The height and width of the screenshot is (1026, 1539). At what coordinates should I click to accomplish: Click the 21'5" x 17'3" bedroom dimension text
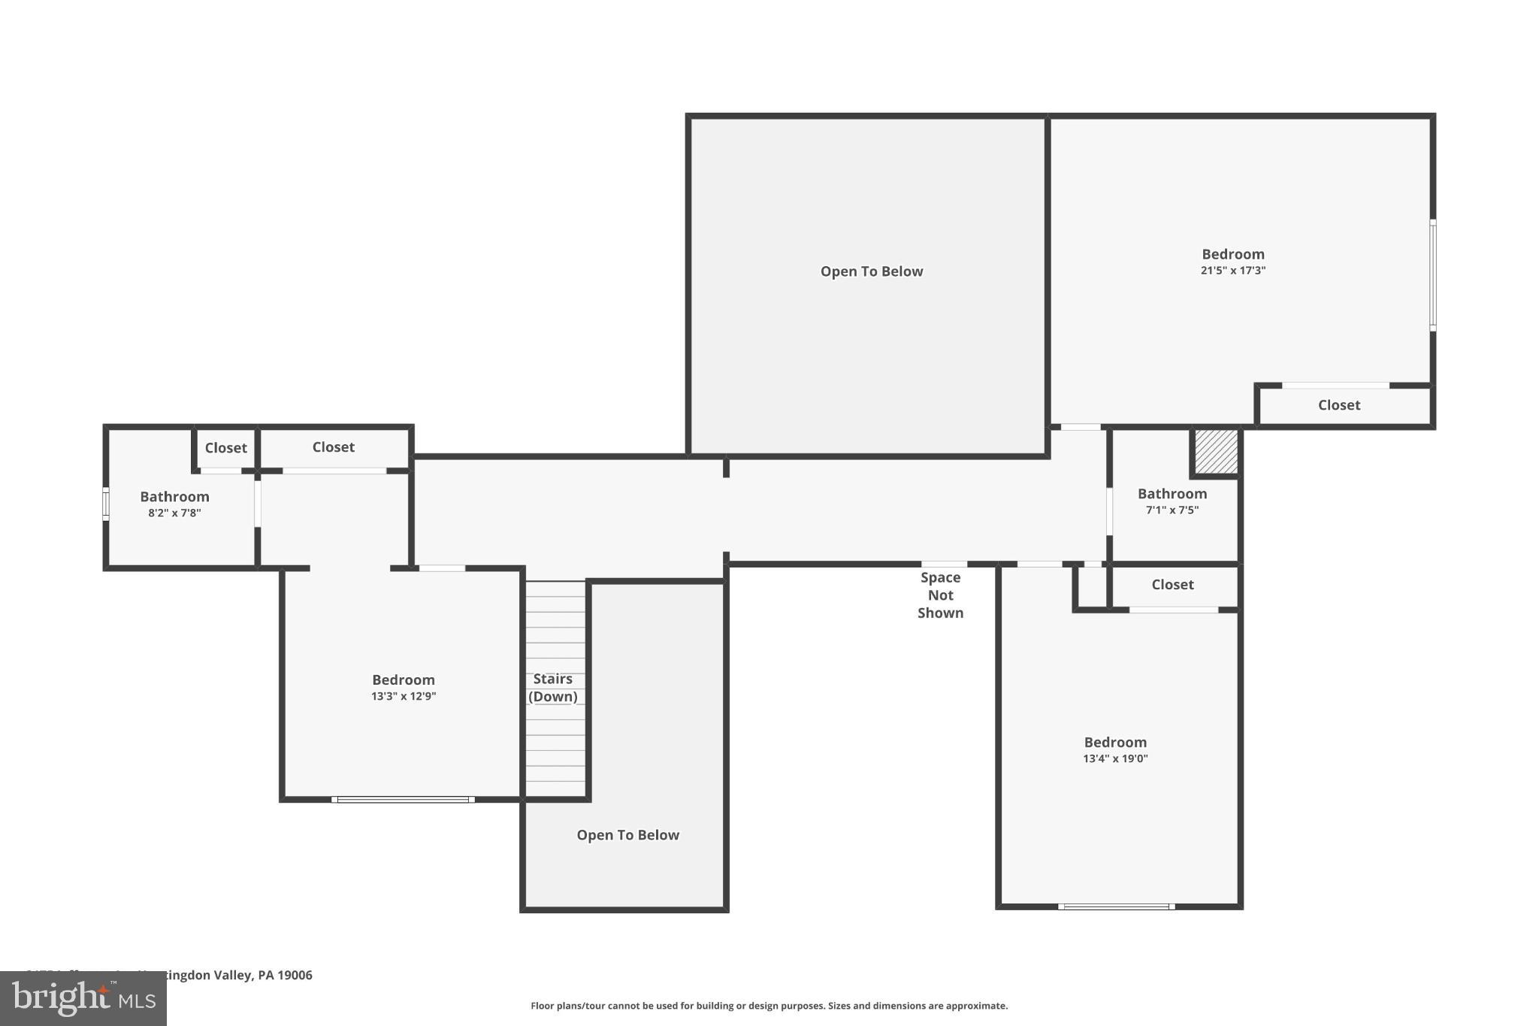click(x=1232, y=271)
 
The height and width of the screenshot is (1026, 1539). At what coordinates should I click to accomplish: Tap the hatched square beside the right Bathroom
click(x=1216, y=452)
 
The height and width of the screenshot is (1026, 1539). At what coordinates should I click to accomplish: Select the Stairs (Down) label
click(x=553, y=688)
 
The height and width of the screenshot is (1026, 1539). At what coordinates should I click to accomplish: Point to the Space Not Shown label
click(x=940, y=595)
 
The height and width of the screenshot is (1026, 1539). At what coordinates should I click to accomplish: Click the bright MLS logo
click(x=83, y=998)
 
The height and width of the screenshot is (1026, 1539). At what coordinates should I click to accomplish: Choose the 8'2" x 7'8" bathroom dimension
click(x=174, y=513)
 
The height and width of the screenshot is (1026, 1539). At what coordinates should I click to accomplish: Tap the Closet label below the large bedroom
click(x=1338, y=405)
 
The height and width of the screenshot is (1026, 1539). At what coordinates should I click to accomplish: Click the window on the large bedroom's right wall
click(x=1432, y=275)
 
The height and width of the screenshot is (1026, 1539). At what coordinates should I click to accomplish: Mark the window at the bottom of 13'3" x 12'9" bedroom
click(x=403, y=800)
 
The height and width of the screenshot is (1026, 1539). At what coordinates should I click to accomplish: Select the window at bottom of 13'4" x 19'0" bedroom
click(x=1116, y=906)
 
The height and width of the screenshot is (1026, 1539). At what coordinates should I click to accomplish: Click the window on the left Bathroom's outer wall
click(x=106, y=504)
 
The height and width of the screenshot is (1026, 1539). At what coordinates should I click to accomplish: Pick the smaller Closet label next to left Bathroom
click(x=225, y=448)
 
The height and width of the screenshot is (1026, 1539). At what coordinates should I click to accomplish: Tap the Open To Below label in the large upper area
click(x=871, y=271)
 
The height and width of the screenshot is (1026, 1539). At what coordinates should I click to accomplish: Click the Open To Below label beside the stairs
click(x=627, y=835)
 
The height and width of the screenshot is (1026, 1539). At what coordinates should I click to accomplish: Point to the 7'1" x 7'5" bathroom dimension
click(x=1172, y=510)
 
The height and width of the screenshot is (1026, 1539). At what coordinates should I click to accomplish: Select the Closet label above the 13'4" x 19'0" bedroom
click(x=1172, y=585)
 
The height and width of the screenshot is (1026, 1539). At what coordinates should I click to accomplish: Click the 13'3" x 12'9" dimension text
click(x=403, y=697)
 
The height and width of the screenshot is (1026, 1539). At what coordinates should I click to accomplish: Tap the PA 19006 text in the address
click(x=285, y=975)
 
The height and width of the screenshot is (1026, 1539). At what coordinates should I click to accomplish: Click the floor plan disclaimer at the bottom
click(x=769, y=1006)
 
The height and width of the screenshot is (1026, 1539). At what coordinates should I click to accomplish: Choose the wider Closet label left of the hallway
click(x=333, y=447)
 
